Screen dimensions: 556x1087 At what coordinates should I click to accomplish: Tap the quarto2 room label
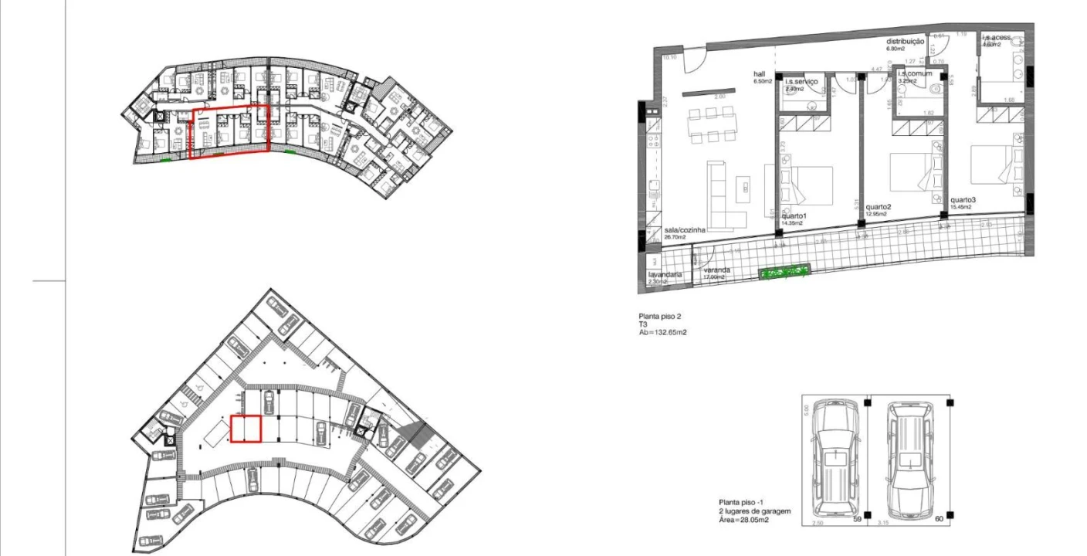tap(879, 207)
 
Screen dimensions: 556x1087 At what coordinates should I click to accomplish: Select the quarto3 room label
tap(963, 200)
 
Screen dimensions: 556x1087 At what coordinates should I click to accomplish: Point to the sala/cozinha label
tap(685, 230)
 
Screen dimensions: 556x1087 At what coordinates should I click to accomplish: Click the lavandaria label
tap(664, 275)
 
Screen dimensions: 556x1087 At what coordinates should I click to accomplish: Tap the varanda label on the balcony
tap(716, 270)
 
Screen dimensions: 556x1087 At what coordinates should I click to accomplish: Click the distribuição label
tap(905, 42)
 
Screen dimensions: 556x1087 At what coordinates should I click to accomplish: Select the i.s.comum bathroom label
tap(914, 74)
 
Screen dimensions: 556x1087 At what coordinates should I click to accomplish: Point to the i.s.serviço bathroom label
tap(801, 82)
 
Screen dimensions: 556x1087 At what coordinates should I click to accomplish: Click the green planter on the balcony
tap(784, 272)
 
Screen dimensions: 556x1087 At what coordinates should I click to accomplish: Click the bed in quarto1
tap(807, 185)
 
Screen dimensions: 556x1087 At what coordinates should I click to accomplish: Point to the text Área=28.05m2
tap(743, 520)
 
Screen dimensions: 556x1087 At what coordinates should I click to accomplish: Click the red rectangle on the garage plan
tap(246, 429)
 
